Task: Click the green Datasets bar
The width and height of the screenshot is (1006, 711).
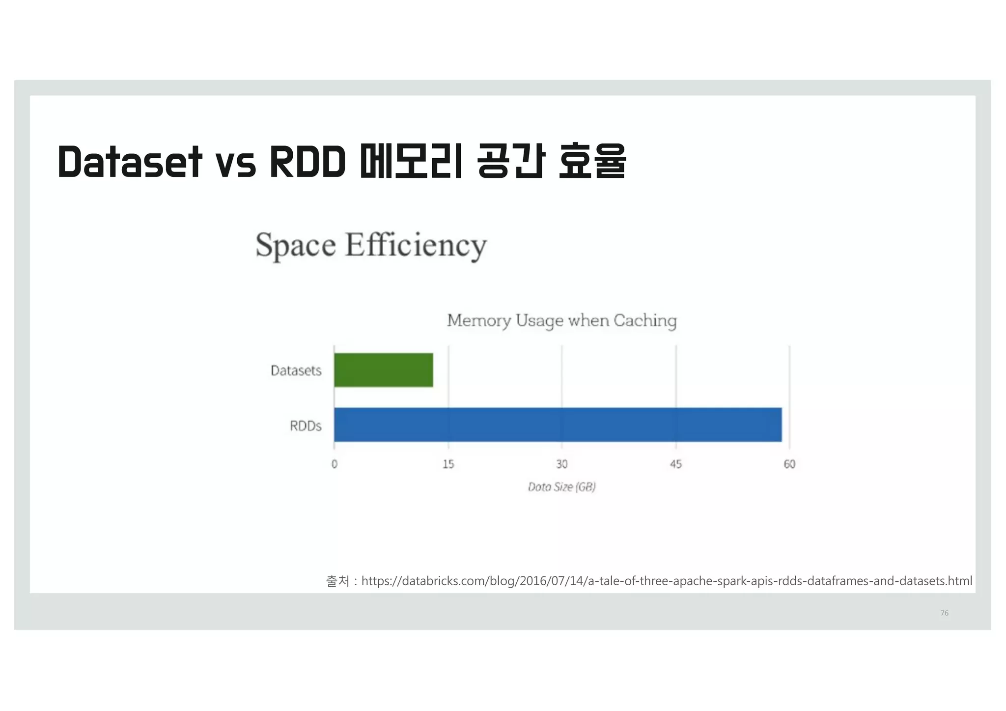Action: [x=383, y=370]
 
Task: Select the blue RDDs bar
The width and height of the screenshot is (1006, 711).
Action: [x=558, y=425]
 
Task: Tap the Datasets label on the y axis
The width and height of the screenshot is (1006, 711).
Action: [x=296, y=370]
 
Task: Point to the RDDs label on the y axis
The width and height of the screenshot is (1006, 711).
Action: [x=306, y=426]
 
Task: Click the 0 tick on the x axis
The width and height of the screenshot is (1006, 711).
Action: [x=335, y=464]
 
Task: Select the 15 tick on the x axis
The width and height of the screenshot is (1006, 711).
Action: [x=448, y=464]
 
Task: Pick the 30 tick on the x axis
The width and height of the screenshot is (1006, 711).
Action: [x=562, y=464]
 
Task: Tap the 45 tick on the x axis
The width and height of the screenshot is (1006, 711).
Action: [x=676, y=464]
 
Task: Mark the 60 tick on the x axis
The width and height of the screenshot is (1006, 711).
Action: [x=789, y=464]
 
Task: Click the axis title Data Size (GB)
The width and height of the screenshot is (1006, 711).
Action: [x=561, y=487]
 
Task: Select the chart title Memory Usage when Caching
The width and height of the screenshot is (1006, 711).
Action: [x=561, y=321]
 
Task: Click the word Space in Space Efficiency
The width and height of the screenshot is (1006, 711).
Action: [x=296, y=245]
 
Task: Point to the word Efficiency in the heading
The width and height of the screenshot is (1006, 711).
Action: [x=416, y=245]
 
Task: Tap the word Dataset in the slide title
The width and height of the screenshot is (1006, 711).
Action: [x=130, y=162]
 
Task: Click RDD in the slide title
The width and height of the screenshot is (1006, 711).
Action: [x=307, y=162]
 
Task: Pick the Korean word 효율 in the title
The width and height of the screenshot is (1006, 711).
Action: [x=592, y=162]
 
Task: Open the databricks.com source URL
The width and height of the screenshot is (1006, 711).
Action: [x=667, y=581]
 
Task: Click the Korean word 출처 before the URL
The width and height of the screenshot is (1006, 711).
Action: [x=337, y=581]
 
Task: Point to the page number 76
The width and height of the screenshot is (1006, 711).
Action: [x=944, y=613]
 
